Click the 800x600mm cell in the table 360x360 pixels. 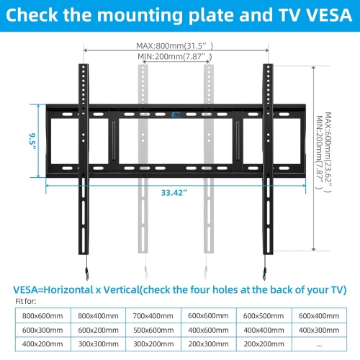pos(42,315)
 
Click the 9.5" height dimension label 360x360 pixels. pos(33,138)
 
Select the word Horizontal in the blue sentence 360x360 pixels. pos(88,289)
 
